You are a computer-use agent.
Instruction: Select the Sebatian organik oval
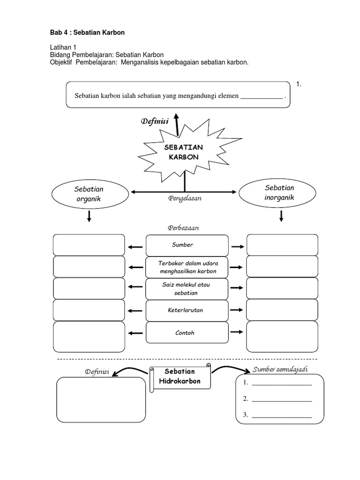click(89, 195)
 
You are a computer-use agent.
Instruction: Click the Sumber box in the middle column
click(182, 245)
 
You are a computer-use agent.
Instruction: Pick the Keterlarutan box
click(182, 310)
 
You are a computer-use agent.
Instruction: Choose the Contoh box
click(182, 333)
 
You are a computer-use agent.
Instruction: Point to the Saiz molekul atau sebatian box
click(182, 289)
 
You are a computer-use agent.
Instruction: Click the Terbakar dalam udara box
click(182, 267)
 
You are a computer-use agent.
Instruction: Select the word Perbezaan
click(183, 227)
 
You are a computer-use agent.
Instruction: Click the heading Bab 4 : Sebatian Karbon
click(87, 32)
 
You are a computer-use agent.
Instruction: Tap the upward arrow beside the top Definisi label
click(176, 124)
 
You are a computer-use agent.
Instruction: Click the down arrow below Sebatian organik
click(89, 217)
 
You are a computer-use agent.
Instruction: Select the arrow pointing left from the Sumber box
click(135, 246)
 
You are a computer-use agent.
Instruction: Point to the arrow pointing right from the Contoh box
click(237, 332)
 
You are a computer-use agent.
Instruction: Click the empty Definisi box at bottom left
click(101, 399)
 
